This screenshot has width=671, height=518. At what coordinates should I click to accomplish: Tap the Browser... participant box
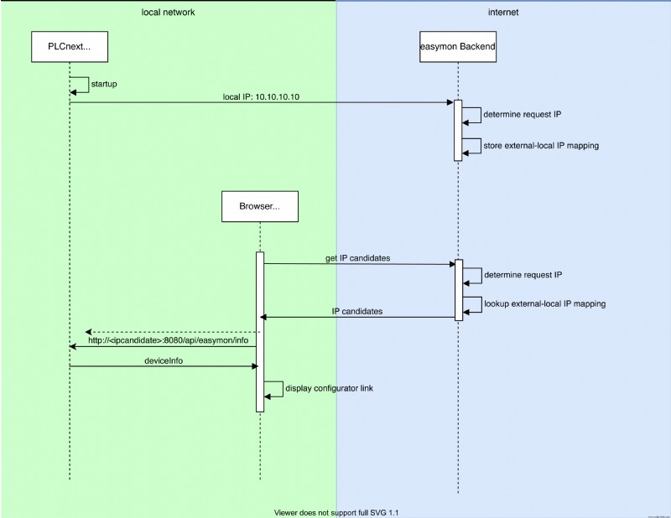260,206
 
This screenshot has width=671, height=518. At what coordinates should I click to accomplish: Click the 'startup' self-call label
103,85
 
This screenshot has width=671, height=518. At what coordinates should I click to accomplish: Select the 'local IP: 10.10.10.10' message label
260,96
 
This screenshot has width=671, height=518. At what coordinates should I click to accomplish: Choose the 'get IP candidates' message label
357,258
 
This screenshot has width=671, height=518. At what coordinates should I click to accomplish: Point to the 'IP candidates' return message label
357,311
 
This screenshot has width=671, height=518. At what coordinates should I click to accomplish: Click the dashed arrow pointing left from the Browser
172,332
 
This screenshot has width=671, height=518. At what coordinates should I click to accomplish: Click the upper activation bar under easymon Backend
458,130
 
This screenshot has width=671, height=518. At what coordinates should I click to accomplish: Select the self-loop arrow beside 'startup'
80,85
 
